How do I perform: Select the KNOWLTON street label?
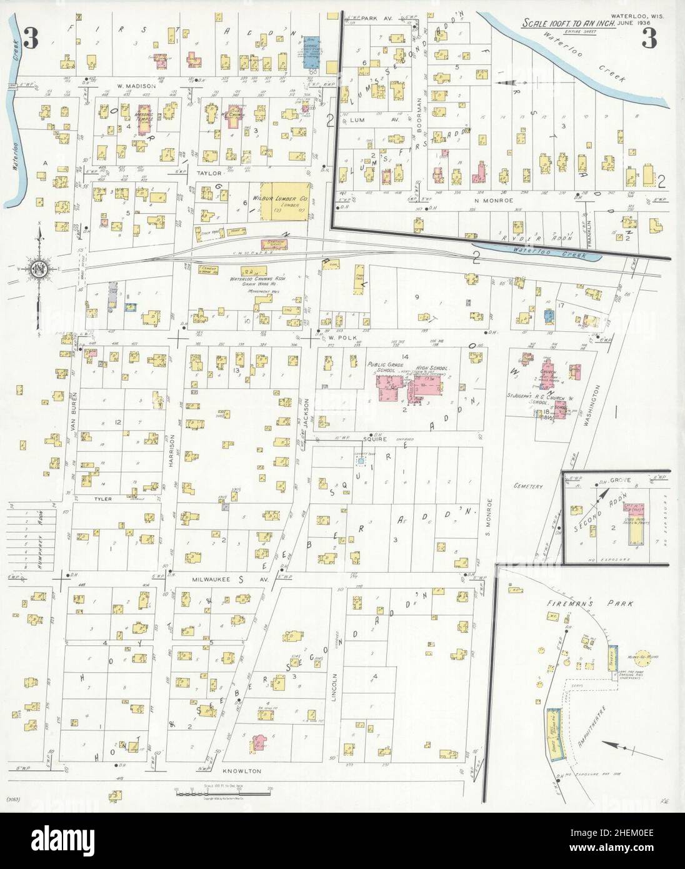click(241, 771)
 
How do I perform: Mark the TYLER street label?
click(102, 500)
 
